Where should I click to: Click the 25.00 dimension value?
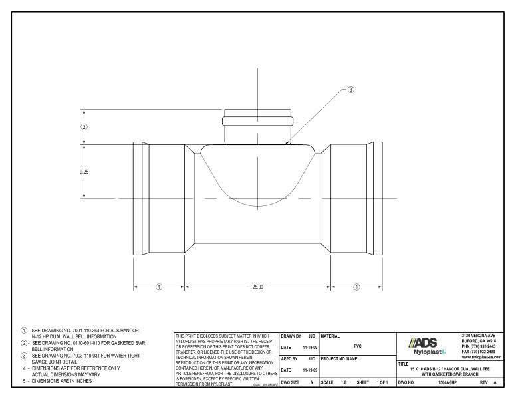[257, 287]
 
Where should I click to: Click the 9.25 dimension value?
[84, 172]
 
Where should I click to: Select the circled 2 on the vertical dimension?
[84, 126]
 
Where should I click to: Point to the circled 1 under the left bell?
[159, 287]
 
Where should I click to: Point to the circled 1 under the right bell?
[357, 287]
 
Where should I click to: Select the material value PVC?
[357, 346]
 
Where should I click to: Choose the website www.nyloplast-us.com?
[485, 357]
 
